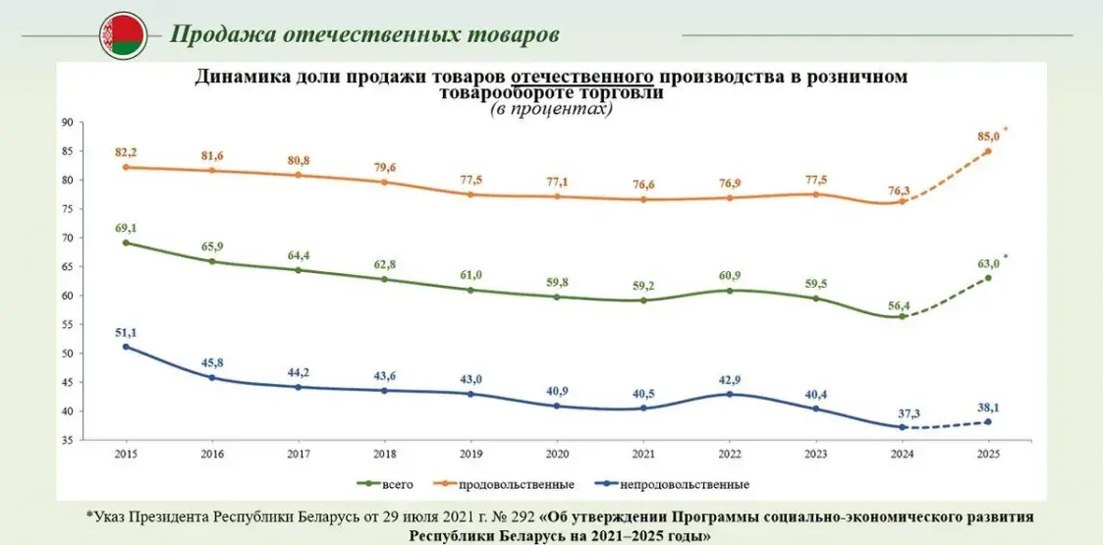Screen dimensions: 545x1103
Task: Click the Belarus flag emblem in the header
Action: (123, 36)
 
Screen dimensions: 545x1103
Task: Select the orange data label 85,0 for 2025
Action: (986, 135)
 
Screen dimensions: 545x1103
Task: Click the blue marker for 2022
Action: (729, 395)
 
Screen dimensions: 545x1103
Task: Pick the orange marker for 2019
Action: (469, 194)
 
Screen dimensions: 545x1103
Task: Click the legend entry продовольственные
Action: (523, 484)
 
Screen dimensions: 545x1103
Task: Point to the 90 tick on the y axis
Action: (68, 123)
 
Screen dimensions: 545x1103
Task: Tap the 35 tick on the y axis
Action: (68, 440)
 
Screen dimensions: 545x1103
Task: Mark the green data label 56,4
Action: (900, 305)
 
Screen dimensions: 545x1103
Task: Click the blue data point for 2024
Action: (902, 427)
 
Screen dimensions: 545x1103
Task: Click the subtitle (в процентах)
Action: (551, 110)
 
